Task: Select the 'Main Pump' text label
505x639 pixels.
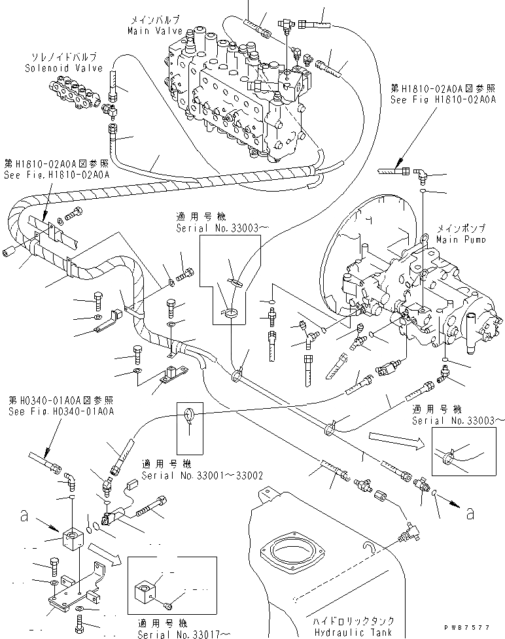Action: (x=461, y=240)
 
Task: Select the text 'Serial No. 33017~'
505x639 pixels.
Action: (x=184, y=634)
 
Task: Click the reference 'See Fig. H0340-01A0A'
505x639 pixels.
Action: (x=61, y=411)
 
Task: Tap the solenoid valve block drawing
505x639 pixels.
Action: (x=77, y=92)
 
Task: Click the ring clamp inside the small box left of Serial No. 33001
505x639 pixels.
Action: (x=189, y=415)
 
